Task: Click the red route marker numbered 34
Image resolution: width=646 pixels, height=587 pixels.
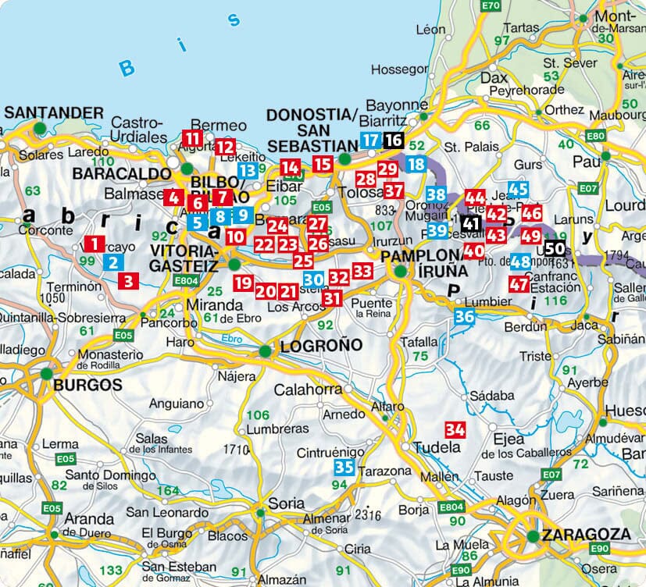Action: [x=455, y=429]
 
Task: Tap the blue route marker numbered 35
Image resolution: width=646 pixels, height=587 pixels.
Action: [x=344, y=468]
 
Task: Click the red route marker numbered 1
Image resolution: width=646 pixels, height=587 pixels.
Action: [x=94, y=244]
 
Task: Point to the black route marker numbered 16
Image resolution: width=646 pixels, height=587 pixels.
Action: [x=394, y=141]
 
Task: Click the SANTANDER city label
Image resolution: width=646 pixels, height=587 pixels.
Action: [x=54, y=112]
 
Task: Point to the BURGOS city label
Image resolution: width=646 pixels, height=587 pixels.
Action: [x=87, y=384]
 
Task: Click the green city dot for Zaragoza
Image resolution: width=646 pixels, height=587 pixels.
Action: [x=533, y=535]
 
